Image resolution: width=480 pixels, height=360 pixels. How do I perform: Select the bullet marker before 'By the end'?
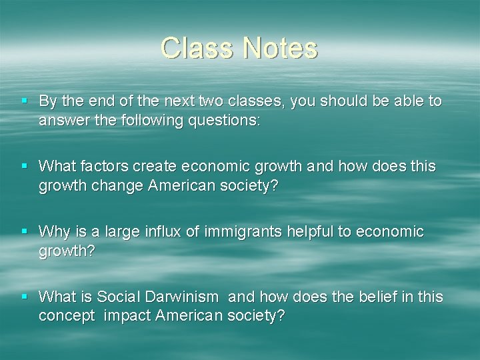coord(24,101)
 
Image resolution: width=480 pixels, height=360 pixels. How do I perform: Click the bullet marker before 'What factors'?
coord(24,165)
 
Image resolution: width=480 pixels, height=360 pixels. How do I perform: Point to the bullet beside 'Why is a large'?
coord(24,231)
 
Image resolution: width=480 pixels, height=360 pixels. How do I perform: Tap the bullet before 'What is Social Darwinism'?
coord(24,296)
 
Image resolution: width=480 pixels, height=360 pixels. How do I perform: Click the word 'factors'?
coord(109,166)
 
